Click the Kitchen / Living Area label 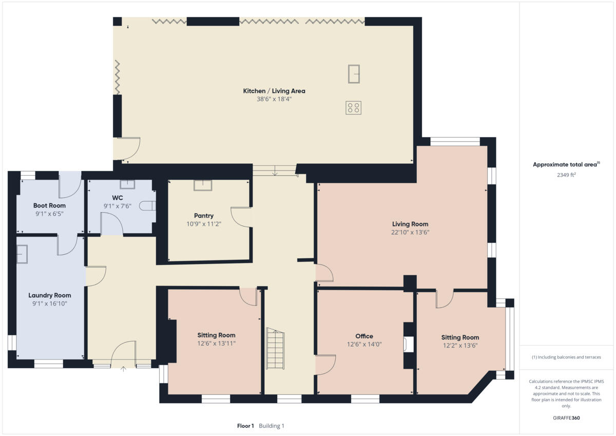pyautogui.click(x=274, y=91)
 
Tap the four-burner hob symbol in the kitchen pyautogui.click(x=353, y=107)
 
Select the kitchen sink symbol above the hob pyautogui.click(x=353, y=73)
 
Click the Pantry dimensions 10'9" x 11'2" pyautogui.click(x=204, y=224)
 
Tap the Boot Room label pyautogui.click(x=49, y=205)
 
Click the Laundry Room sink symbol pyautogui.click(x=22, y=254)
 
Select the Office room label pyautogui.click(x=364, y=336)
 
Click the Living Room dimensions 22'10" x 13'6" pyautogui.click(x=410, y=232)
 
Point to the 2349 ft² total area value pyautogui.click(x=566, y=175)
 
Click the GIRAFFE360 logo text pyautogui.click(x=566, y=418)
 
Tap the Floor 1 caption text pyautogui.click(x=245, y=426)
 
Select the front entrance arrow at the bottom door pyautogui.click(x=124, y=368)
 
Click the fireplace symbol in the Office pyautogui.click(x=409, y=344)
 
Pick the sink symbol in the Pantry pyautogui.click(x=203, y=185)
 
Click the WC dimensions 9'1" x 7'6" pyautogui.click(x=118, y=206)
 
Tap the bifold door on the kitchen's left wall pyautogui.click(x=118, y=77)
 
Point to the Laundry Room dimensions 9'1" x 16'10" pyautogui.click(x=50, y=304)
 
